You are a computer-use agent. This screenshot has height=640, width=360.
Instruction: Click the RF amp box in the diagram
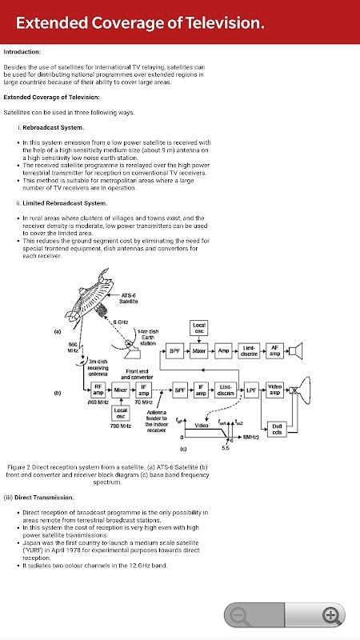coord(98,390)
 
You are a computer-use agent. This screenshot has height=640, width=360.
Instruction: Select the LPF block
coord(252,390)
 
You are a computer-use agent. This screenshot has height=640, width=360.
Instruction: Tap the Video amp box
coord(274,390)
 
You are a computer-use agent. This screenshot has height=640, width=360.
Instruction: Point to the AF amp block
coord(274,350)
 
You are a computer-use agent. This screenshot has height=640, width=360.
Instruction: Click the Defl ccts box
coord(277,430)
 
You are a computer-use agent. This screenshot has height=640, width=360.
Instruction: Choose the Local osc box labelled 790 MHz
coord(122,414)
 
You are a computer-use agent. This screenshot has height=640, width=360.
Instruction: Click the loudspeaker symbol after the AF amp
coord(295,350)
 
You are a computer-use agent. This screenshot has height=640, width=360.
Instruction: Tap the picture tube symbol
coord(301,390)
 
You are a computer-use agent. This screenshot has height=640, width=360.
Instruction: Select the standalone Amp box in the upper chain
coord(223,350)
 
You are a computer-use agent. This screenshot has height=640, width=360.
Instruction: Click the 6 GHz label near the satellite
coord(121,322)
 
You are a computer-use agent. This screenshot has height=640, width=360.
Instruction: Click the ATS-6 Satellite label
coord(129,298)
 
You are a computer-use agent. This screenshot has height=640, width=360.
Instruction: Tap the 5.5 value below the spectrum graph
coord(226,448)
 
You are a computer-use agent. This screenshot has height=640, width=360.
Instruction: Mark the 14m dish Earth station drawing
coord(130,346)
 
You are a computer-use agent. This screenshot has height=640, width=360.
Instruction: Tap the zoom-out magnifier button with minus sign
coord(239,614)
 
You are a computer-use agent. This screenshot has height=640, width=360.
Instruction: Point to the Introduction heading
coord(22,52)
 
